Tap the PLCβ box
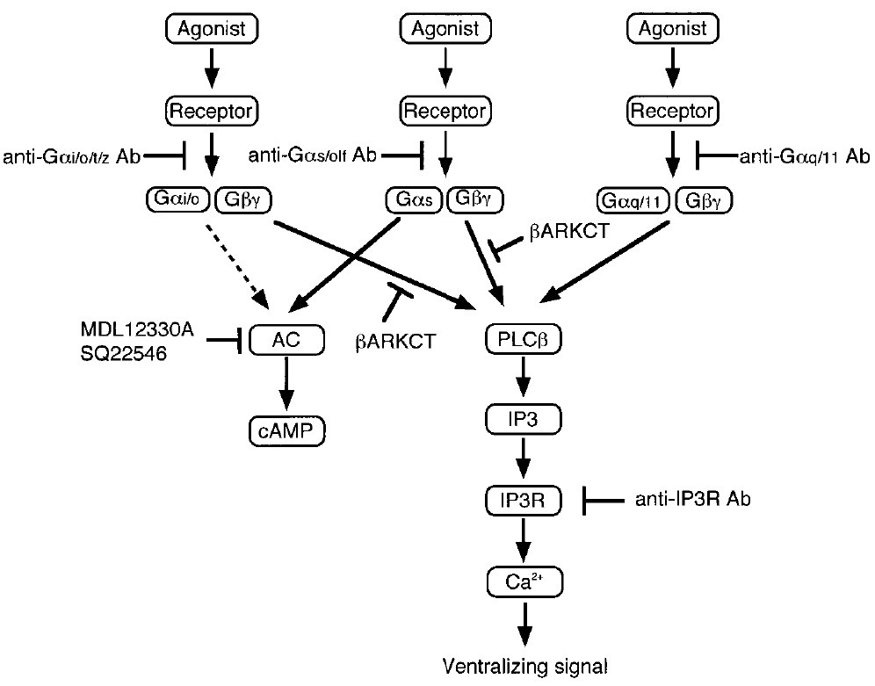[x=524, y=338]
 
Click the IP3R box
[x=524, y=502]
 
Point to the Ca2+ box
[x=524, y=581]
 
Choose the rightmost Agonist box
[x=672, y=29]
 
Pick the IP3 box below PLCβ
[x=524, y=421]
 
